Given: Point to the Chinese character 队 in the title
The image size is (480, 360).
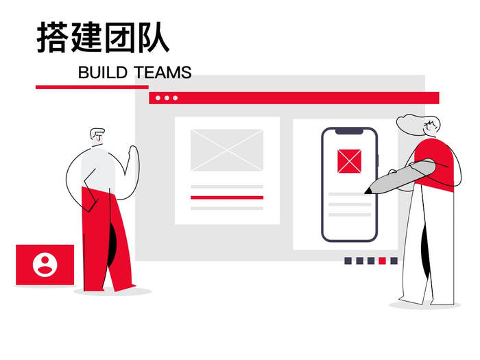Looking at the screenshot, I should point(153,38).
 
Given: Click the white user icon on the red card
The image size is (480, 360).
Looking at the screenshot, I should point(45,264).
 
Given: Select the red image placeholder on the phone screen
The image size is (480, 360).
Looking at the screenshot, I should point(349,160).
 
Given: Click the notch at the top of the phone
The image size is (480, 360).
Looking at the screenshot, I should point(349,131).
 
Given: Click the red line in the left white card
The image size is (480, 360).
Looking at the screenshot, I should point(227,197).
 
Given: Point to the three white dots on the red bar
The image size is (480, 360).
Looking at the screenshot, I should point(166,98).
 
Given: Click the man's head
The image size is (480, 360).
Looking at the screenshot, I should point(98,136).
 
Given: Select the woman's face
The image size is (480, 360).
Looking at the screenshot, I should point(431,127).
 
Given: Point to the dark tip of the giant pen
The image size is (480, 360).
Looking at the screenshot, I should point(369,188).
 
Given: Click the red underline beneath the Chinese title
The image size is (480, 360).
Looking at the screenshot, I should point(92,87).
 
